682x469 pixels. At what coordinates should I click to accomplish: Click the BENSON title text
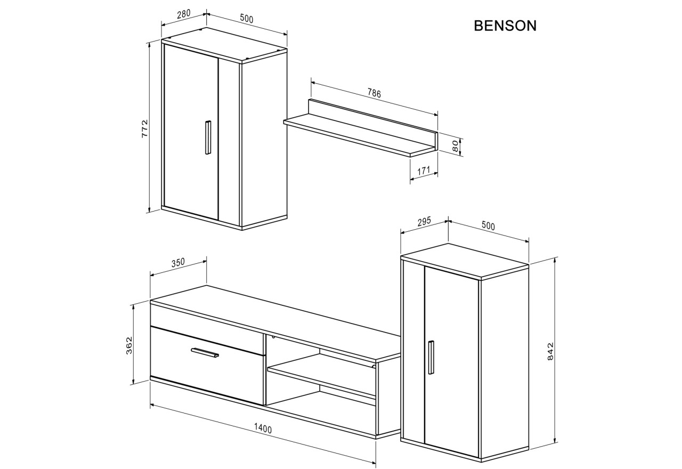coord(505,26)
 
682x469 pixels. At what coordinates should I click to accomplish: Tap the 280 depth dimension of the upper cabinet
coord(183,15)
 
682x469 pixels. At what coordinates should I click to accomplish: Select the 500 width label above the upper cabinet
coord(246,19)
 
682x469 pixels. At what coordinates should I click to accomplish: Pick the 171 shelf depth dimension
coord(424,170)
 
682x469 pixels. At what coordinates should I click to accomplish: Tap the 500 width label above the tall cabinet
coord(488,226)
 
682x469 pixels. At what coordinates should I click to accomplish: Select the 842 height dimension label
coord(551,352)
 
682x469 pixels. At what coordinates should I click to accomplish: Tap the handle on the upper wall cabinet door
coord(208,138)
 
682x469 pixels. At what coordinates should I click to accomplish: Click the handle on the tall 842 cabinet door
coord(431,358)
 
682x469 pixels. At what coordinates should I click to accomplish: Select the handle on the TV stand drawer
coord(205,353)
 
